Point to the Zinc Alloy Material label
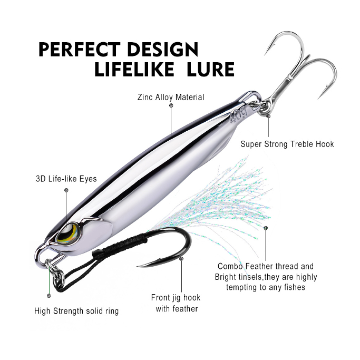point(170,98)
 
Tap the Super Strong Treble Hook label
point(287,144)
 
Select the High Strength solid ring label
point(76,311)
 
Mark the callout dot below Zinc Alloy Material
point(171,105)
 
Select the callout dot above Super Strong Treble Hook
point(268,115)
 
